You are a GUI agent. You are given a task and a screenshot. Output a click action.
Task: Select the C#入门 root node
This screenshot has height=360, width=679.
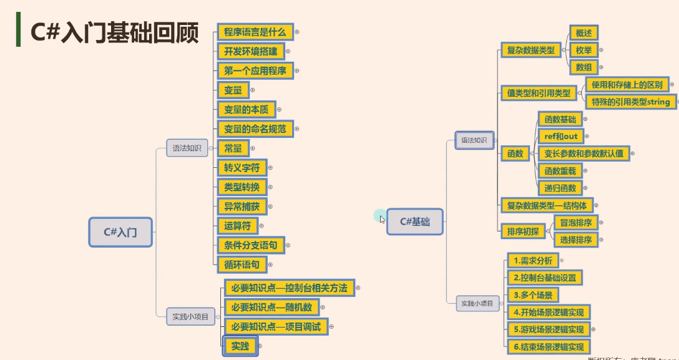[120, 232]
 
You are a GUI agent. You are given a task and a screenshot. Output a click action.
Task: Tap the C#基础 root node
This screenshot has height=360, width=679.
[414, 221]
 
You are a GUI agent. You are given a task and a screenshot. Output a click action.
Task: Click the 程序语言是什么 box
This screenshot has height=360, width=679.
[255, 32]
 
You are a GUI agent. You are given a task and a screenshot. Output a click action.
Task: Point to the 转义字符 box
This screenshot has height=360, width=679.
[242, 167]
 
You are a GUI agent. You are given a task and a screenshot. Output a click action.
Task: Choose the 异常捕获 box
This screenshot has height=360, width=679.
[242, 206]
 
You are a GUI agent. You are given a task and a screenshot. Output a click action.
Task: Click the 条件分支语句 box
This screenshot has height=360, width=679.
[250, 245]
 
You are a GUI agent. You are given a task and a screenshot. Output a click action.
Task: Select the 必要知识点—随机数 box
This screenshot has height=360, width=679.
[271, 307]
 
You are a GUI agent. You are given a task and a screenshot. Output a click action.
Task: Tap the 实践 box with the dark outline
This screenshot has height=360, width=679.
[240, 346]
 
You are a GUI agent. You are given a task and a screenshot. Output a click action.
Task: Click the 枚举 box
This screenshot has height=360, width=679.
[584, 50]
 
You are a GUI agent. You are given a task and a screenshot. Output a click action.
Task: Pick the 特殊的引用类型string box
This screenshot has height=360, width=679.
[630, 102]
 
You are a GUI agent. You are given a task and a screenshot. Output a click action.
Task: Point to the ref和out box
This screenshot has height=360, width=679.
[560, 136]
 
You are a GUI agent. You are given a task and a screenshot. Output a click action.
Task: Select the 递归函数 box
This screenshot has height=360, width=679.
[560, 188]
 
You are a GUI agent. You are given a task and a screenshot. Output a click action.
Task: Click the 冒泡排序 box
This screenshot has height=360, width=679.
[575, 223]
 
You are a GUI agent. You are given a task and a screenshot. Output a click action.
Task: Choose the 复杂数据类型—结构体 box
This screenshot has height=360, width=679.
[547, 205]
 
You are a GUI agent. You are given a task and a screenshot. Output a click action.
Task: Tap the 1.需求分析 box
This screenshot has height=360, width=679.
[532, 261]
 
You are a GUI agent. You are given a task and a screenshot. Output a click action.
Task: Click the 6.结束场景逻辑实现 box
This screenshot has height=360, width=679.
[549, 347]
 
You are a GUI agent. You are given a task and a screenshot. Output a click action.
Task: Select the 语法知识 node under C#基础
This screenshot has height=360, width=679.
[474, 140]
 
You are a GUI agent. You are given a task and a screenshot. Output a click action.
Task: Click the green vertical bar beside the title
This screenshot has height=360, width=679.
[19, 30]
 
